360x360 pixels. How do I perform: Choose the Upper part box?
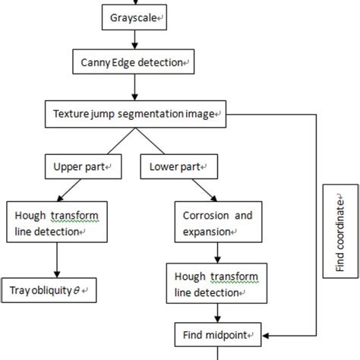[79, 165]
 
